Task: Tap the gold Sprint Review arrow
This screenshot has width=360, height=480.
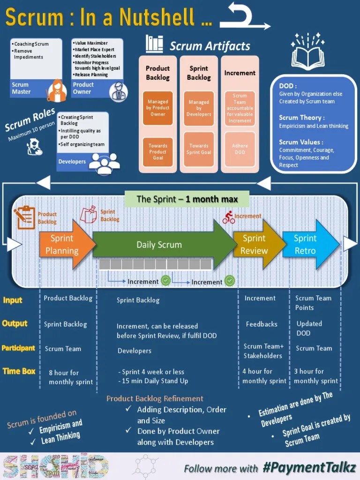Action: [x=255, y=245]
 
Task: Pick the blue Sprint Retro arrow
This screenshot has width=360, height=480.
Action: [x=307, y=245]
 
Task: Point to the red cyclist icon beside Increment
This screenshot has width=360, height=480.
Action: [x=229, y=217]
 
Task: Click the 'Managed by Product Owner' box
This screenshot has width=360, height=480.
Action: [x=158, y=108]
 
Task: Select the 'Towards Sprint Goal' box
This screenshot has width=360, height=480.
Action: [x=199, y=149]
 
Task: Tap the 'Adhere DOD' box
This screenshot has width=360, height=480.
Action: [x=240, y=149]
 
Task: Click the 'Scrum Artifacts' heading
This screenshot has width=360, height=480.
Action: [x=210, y=46]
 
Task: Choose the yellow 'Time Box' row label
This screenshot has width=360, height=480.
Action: [x=19, y=371]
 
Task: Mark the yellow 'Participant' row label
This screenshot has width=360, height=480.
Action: [x=18, y=348]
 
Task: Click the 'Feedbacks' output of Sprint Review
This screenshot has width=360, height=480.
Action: [x=262, y=324]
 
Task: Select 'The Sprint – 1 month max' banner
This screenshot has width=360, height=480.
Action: [x=187, y=199]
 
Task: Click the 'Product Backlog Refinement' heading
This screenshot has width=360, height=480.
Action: [x=155, y=398]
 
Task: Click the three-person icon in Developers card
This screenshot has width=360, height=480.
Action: [x=104, y=162]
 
